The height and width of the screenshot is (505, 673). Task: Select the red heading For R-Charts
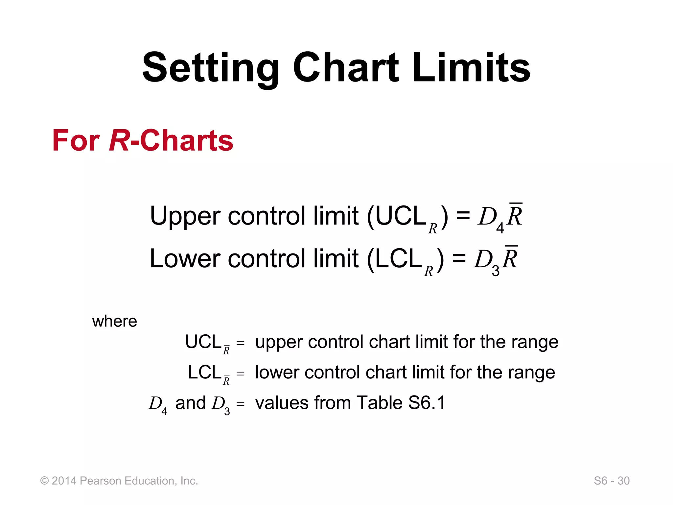[143, 140]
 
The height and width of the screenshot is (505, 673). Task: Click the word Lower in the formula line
[185, 259]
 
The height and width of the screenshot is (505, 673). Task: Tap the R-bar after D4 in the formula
[515, 215]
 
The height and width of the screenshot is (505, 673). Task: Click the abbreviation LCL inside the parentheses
[398, 259]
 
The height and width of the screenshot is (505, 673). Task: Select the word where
[114, 321]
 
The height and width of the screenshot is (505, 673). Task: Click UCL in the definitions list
[203, 342]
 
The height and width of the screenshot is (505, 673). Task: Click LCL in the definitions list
[204, 373]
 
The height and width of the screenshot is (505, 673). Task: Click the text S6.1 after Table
[427, 403]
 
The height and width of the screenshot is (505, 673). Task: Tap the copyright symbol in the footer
[45, 481]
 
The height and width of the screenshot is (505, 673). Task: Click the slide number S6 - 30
[612, 481]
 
